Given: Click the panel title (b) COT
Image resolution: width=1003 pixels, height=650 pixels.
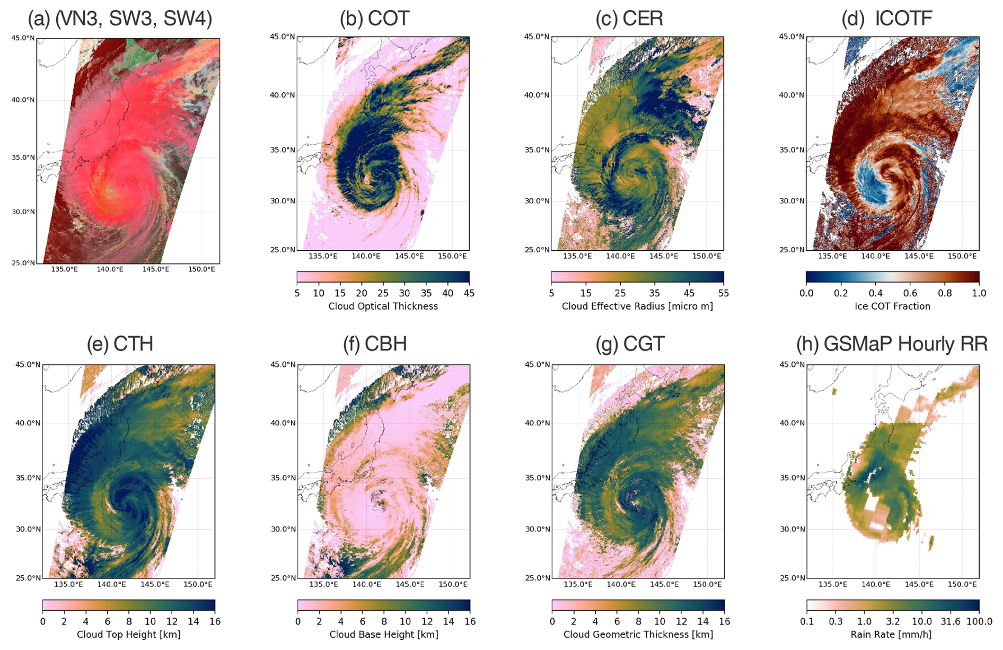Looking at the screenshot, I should [374, 19].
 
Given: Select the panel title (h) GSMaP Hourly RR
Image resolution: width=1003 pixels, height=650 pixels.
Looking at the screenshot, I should [892, 344].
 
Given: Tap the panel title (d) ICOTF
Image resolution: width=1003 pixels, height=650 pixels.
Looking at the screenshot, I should [886, 19].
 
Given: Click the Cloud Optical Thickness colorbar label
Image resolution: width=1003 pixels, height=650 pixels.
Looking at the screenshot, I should [383, 306].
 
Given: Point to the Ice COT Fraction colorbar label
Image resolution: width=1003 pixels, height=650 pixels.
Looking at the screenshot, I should [892, 306].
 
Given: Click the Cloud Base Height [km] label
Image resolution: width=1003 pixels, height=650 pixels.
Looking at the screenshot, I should [384, 635].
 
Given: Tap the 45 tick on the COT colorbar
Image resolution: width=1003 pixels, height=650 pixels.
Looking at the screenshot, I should [469, 293].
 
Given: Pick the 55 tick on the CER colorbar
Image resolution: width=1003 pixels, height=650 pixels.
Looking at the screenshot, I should [723, 293].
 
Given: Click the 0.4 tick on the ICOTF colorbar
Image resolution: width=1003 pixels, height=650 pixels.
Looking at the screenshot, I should [875, 293].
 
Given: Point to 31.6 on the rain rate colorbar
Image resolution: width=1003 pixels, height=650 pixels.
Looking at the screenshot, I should [950, 621].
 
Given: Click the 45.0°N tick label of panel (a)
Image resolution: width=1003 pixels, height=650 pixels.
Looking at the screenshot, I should [23, 38].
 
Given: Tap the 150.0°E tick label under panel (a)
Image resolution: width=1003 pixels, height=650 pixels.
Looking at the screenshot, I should [201, 269].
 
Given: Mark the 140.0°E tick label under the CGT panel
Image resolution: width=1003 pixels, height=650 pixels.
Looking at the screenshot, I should [621, 584].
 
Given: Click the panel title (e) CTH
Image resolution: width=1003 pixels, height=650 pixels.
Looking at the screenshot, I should [120, 344].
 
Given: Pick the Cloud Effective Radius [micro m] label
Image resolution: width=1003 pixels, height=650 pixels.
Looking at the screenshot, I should [637, 306].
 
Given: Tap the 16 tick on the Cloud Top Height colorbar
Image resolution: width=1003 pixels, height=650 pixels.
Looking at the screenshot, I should [215, 621].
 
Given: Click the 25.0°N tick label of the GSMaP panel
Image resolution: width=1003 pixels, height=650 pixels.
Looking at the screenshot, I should [793, 578].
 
